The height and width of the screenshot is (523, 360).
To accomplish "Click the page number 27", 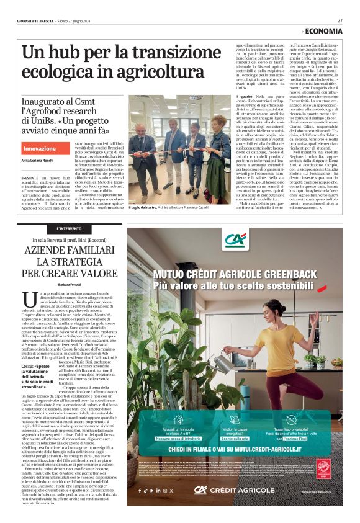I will click(340, 20).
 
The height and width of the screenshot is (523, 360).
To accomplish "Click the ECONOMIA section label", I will click(323, 31).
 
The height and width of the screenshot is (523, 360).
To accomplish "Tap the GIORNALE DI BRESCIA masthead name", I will click(36, 20).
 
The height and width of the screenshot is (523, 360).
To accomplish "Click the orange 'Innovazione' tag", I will click(38, 149).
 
